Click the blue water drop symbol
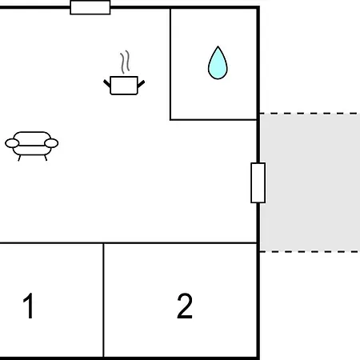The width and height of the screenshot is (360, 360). (x=218, y=63)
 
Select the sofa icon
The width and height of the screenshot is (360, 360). (x=32, y=146)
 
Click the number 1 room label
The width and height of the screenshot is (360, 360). (x=28, y=306)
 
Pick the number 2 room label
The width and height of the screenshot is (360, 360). (x=185, y=306)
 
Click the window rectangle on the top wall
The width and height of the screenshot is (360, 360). (x=90, y=7)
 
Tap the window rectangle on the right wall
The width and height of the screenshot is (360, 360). (x=258, y=182)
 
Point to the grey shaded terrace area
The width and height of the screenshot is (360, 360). (x=310, y=182)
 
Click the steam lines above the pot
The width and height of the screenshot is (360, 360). (x=125, y=62)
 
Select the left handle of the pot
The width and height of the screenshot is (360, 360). (x=107, y=83)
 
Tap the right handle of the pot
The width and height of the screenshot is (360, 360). (x=141, y=84)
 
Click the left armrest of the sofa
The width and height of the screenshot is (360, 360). (x=12, y=143)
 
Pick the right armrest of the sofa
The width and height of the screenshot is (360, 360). (x=51, y=143)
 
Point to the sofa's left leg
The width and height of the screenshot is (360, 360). (x=19, y=158)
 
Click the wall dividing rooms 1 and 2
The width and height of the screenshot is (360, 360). (x=103, y=300)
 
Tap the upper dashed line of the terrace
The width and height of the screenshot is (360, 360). (x=310, y=114)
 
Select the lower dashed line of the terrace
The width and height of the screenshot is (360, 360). (x=310, y=251)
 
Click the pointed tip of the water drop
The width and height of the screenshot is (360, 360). (x=218, y=46)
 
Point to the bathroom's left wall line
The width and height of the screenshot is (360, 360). (x=170, y=64)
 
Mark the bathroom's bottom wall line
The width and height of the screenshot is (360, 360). (x=214, y=120)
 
